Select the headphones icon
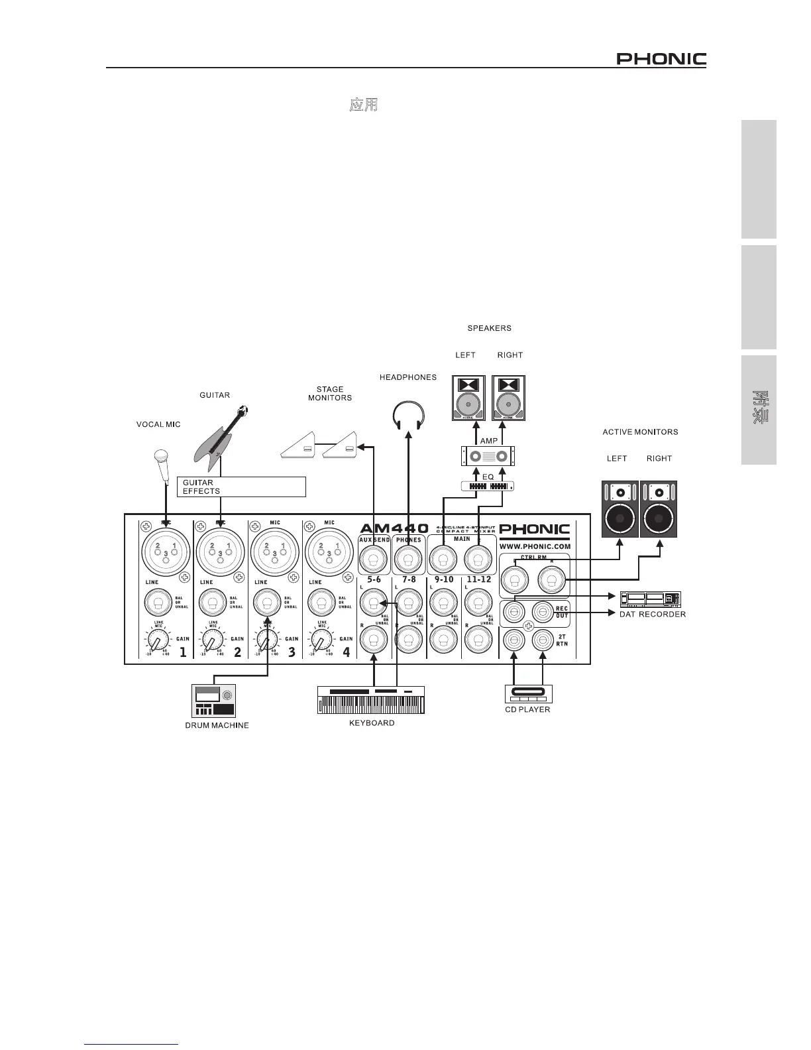(x=407, y=416)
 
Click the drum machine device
(x=213, y=701)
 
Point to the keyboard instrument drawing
(x=371, y=701)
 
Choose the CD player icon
(x=529, y=694)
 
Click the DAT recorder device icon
(x=650, y=599)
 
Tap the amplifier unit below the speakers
(x=488, y=457)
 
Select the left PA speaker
(x=468, y=398)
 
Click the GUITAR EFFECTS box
(x=242, y=487)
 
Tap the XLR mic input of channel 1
(x=165, y=549)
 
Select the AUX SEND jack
(x=374, y=562)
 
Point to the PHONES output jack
(x=409, y=562)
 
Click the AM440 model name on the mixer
(x=394, y=528)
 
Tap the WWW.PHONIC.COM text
(x=535, y=546)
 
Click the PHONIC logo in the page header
(x=661, y=60)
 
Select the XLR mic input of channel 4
(x=329, y=549)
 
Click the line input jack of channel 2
(x=211, y=603)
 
